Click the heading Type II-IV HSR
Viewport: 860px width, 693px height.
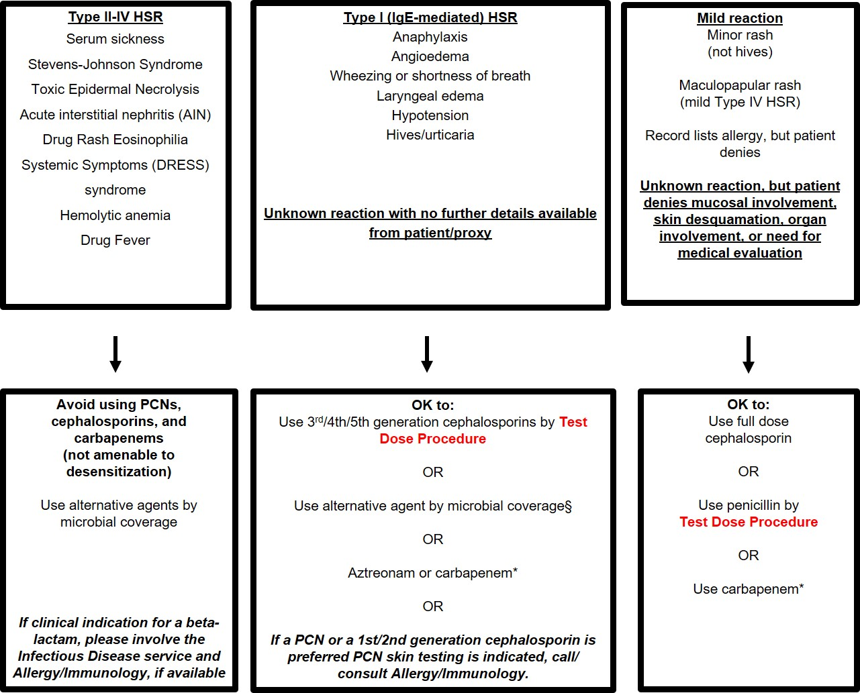[115, 17]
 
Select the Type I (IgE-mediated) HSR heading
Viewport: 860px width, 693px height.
[430, 17]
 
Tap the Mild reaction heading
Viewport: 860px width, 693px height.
[740, 18]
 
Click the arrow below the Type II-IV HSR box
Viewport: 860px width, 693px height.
[115, 354]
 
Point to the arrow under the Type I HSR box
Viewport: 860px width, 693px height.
[427, 354]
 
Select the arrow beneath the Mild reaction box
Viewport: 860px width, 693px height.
[749, 354]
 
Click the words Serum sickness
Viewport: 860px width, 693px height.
[115, 39]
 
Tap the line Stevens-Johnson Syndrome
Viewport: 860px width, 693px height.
[115, 64]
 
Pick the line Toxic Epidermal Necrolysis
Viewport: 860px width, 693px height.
[115, 89]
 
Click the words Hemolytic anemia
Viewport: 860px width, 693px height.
[115, 215]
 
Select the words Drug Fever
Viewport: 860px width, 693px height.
[115, 240]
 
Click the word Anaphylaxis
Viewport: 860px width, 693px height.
[430, 37]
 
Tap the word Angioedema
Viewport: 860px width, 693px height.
[430, 56]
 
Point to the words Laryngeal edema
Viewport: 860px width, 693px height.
[430, 96]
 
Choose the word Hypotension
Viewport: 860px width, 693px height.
[430, 115]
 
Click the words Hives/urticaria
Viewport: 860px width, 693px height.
[430, 135]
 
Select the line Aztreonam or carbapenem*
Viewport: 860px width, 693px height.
[433, 573]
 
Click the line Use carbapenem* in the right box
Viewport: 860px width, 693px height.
[749, 589]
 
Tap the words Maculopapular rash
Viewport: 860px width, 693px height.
[740, 85]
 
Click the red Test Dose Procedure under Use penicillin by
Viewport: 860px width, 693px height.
[749, 522]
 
